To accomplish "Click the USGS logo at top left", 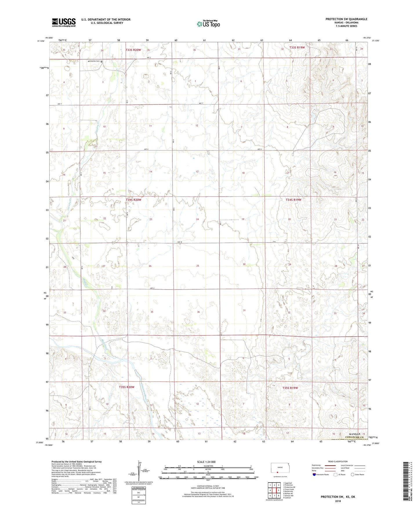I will click(x=64, y=22).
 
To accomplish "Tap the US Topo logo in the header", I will click(x=208, y=24).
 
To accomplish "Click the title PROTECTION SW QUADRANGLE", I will click(x=346, y=19).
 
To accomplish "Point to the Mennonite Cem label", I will click(x=93, y=61).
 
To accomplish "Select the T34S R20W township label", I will click(x=133, y=200).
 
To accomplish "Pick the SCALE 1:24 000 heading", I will click(x=206, y=462).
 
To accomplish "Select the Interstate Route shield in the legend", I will click(x=314, y=474).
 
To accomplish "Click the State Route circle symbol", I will click(x=353, y=474).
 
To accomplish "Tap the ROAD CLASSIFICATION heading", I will click(x=338, y=461).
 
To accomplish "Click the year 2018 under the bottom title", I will click(x=338, y=501).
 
